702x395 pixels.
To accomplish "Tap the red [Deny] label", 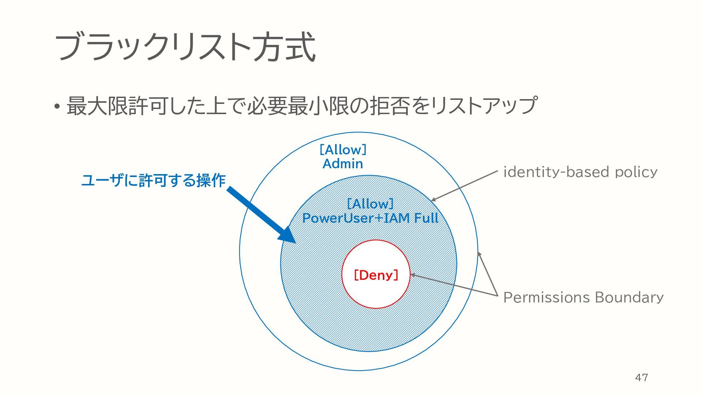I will click(376, 275).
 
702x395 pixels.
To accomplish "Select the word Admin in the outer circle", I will click(343, 164).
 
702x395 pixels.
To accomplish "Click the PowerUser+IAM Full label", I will click(370, 218).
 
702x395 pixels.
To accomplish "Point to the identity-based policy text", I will click(580, 172).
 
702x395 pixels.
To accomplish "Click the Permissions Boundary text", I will click(583, 297).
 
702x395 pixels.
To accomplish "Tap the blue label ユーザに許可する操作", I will click(153, 180).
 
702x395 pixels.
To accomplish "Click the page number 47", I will click(642, 377).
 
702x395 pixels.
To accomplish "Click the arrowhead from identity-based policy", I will click(434, 200).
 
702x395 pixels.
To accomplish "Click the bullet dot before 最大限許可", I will click(57, 106).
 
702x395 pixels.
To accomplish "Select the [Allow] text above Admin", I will click(343, 150).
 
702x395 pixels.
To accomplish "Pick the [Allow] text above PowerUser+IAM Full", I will click(370, 204).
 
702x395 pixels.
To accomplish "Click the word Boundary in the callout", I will click(629, 297).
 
